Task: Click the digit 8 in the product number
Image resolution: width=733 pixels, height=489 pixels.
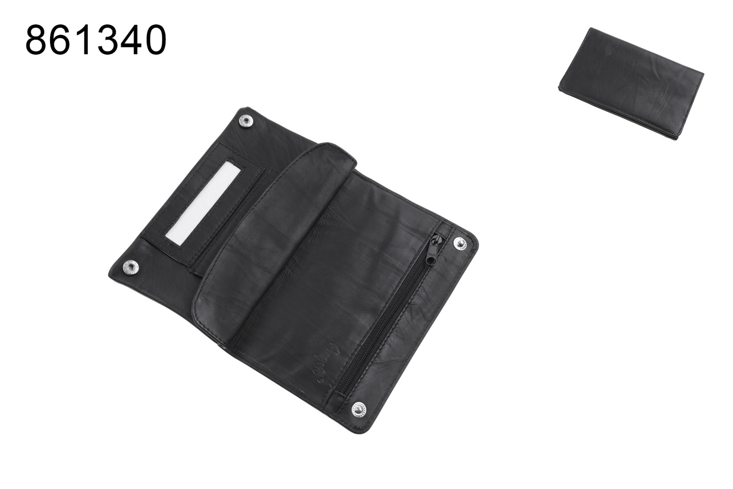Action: coord(37,40)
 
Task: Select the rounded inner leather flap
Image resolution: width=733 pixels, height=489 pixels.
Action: coord(267,244)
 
